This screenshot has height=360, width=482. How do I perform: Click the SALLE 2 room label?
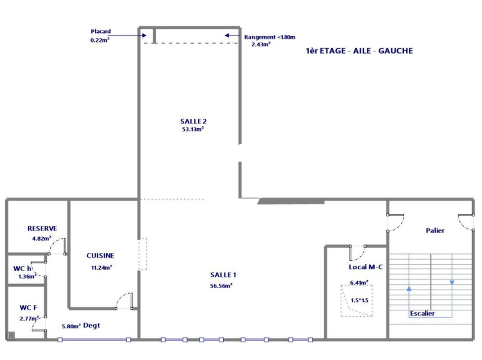pos(193,121)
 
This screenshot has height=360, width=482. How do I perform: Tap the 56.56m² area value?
pos(221,286)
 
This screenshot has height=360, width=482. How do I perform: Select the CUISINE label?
pos(100,256)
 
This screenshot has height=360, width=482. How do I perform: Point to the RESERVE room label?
pos(42,229)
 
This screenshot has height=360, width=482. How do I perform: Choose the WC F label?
pos(28,308)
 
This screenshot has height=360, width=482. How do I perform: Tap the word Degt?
pos(92,326)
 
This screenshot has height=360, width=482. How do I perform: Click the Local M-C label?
pos(366,267)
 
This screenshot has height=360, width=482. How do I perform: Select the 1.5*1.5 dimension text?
pos(359,300)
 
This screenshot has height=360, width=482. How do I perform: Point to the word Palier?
pos(435,231)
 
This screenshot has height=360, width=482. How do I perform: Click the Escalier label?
pos(422,313)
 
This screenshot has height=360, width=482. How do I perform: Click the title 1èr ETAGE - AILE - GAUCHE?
pos(359,51)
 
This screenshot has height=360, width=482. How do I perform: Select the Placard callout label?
pos(101,31)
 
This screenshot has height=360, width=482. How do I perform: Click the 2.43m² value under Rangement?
pos(261,44)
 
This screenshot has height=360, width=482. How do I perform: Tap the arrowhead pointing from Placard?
pos(144,35)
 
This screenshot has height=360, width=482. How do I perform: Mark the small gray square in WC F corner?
pos(11,335)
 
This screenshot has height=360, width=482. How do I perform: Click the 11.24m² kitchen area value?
pos(102,267)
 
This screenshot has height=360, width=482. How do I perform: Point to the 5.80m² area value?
pos(71,326)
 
